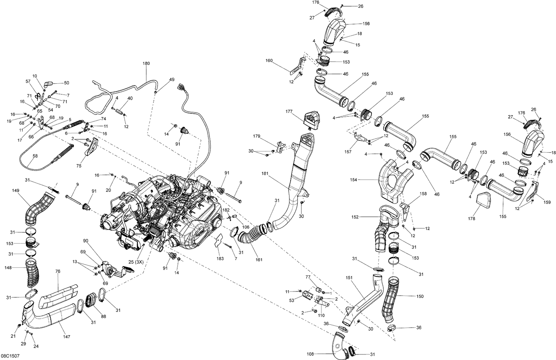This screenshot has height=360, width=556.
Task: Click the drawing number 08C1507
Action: pos(10,356)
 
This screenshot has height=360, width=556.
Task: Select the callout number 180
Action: pos(146,63)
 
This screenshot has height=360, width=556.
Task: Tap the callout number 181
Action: pos(265,173)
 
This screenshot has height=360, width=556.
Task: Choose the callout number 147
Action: pos(67,337)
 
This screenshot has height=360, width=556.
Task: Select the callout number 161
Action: pos(259,260)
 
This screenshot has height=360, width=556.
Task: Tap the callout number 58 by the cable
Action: pos(35,156)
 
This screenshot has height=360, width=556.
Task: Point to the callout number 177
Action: pos(289,111)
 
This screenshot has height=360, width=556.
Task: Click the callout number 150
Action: pos(420,296)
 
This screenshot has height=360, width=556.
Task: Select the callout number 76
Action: pos(58,271)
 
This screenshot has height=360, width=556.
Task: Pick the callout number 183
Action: pos(220,259)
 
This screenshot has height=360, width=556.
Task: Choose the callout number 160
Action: pos(269,60)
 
